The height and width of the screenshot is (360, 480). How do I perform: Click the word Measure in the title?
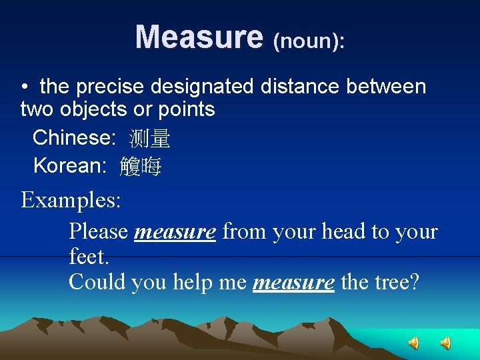(199, 37)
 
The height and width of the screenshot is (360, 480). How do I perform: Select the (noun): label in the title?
(309, 41)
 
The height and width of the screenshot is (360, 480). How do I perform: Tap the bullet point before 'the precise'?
(23, 87)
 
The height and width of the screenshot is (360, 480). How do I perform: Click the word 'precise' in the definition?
(111, 87)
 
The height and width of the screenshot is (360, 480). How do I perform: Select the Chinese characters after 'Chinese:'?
(150, 139)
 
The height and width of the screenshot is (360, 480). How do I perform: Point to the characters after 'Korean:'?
(141, 167)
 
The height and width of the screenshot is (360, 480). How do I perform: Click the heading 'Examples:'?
(71, 200)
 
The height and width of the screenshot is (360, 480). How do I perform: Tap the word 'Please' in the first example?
(99, 232)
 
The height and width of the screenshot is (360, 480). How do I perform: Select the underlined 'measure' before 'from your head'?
(175, 232)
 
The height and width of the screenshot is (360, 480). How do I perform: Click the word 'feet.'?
(88, 257)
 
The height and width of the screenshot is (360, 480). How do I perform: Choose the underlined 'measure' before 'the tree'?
(294, 282)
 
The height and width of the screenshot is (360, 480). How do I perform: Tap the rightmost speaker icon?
(445, 343)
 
